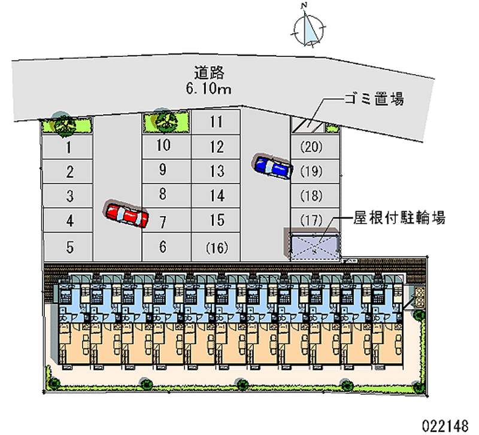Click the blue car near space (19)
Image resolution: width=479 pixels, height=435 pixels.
(272, 166)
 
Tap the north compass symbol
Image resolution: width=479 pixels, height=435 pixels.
(308, 28)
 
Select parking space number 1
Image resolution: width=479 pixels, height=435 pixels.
(68, 147)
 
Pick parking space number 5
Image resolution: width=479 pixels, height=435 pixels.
(68, 247)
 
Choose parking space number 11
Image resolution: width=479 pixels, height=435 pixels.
(216, 122)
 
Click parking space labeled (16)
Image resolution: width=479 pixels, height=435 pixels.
(216, 247)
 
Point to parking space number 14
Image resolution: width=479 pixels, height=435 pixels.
(216, 196)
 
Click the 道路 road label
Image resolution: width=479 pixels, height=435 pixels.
(209, 72)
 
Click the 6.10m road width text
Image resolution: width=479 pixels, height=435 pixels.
(208, 89)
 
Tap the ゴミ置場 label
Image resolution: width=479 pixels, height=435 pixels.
(374, 99)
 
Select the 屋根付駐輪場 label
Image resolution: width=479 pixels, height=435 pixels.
(399, 218)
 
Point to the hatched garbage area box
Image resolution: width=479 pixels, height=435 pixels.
(308, 126)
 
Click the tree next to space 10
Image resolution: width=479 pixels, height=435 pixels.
(165, 121)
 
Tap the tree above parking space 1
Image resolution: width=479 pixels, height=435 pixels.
(63, 124)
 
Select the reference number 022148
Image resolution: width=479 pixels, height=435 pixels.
(445, 425)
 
